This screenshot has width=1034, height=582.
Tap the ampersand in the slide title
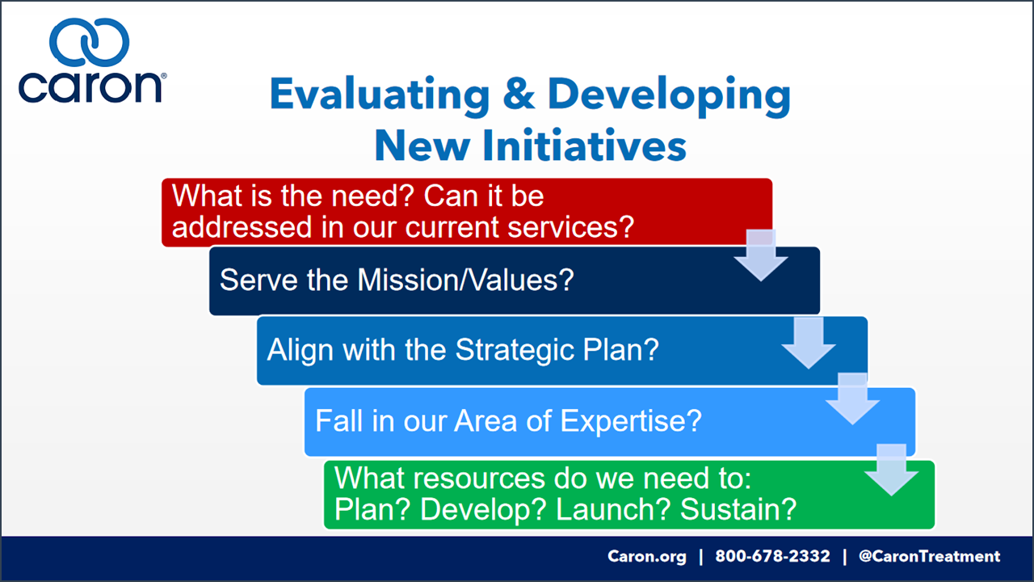pos(519,94)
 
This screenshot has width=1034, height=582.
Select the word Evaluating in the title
pos(380,95)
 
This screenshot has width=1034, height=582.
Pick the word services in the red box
pos(571,227)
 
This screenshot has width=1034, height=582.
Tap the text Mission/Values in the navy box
pos(465,280)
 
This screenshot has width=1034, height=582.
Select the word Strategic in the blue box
pos(515,350)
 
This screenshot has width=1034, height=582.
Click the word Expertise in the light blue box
pos(631,421)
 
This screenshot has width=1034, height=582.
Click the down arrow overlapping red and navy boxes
pos(761,255)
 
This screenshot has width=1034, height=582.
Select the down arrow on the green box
pos(891,470)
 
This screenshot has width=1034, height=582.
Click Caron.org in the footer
pos(647,556)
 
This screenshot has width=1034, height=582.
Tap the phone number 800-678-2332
pos(772,556)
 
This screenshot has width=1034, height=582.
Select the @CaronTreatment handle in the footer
pos(929,556)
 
